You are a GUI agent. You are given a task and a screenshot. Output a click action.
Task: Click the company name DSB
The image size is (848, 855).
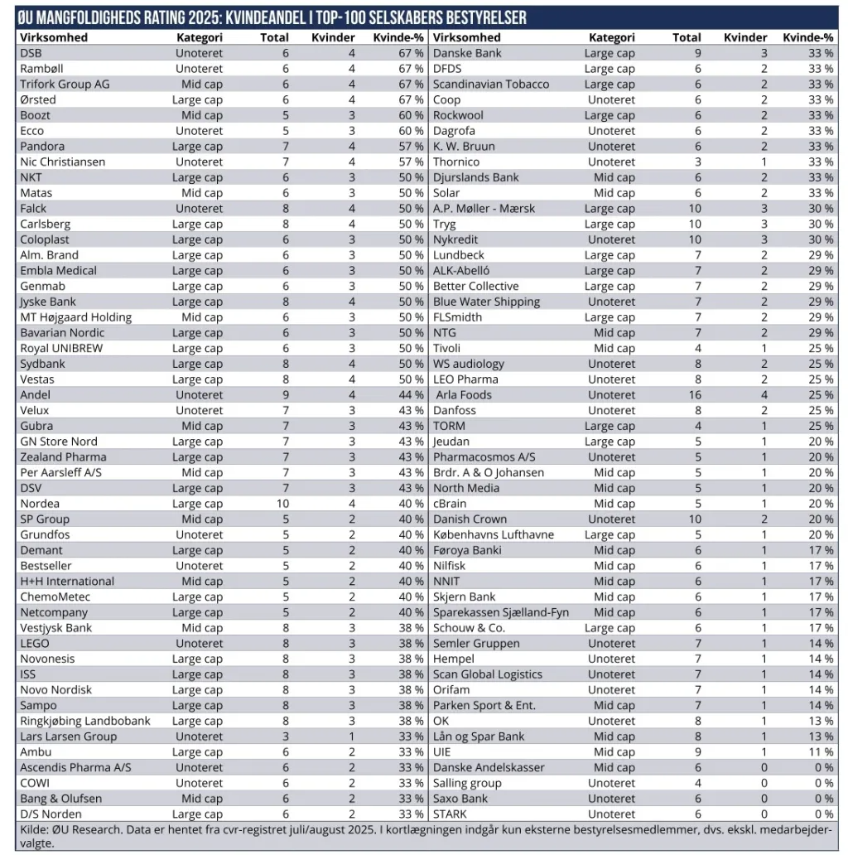pos(31,53)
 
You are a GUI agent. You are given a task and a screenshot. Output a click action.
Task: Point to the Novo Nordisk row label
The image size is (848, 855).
pos(55,690)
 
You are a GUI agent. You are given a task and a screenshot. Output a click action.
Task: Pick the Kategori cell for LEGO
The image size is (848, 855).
pos(199,644)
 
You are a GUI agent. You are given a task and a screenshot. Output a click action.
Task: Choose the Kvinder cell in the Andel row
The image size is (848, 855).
pos(351,395)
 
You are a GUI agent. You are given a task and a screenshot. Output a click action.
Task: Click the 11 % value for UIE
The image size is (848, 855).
pos(821,752)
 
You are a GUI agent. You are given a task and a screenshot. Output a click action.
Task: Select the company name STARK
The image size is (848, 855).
pos(450,814)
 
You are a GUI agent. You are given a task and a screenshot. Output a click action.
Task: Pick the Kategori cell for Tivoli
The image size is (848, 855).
pos(614,349)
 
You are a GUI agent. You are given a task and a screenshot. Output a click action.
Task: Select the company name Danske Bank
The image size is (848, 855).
pos(467,53)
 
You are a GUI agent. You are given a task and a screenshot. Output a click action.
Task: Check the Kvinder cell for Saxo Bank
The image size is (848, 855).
pos(764,799)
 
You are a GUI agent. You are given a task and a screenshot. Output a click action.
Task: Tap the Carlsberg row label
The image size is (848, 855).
pos(45,225)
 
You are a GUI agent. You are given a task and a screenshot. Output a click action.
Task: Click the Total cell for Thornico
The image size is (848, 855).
pos(697,162)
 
